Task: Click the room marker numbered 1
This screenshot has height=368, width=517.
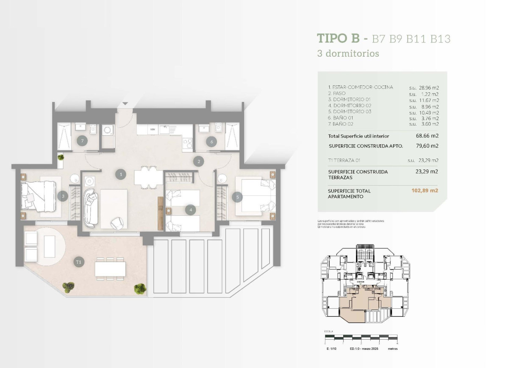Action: point(121,174)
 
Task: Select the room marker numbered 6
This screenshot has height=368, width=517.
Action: point(211,142)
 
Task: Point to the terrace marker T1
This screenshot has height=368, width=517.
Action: point(79,262)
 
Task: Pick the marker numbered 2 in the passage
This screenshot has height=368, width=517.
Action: point(197,161)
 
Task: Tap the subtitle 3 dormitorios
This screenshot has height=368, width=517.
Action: point(348,54)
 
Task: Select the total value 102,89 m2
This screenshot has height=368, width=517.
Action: point(425,191)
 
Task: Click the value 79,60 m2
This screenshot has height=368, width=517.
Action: point(427,146)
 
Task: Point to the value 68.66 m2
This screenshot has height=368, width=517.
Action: point(427,136)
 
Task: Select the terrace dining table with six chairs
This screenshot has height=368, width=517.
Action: point(110,269)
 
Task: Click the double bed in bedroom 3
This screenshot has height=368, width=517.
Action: point(39,196)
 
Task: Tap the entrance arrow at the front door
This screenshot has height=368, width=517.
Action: point(125,104)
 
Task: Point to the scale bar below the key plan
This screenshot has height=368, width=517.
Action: point(362,338)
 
